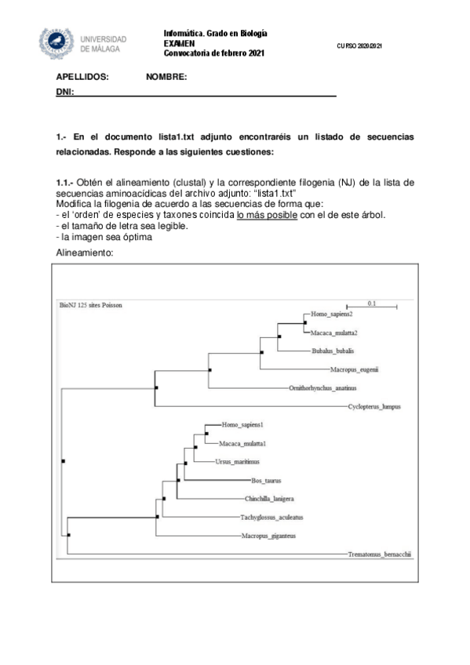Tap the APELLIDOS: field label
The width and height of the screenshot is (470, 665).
pyautogui.click(x=82, y=77)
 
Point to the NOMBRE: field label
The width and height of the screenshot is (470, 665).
pyautogui.click(x=166, y=77)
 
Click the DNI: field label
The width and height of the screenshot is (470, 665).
pyautogui.click(x=64, y=93)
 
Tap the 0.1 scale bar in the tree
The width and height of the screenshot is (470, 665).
pyautogui.click(x=371, y=302)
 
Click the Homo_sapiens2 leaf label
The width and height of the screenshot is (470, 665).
pyautogui.click(x=331, y=314)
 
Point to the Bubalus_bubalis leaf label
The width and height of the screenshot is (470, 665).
pyautogui.click(x=332, y=351)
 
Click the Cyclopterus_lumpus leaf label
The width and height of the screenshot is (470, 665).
pyautogui.click(x=374, y=407)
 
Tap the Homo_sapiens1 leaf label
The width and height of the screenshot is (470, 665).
pyautogui.click(x=242, y=424)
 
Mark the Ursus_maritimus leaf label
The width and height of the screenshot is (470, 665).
pyautogui.click(x=237, y=461)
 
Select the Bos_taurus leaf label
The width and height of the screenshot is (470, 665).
pyautogui.click(x=266, y=480)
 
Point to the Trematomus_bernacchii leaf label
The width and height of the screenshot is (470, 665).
pyautogui.click(x=379, y=554)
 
